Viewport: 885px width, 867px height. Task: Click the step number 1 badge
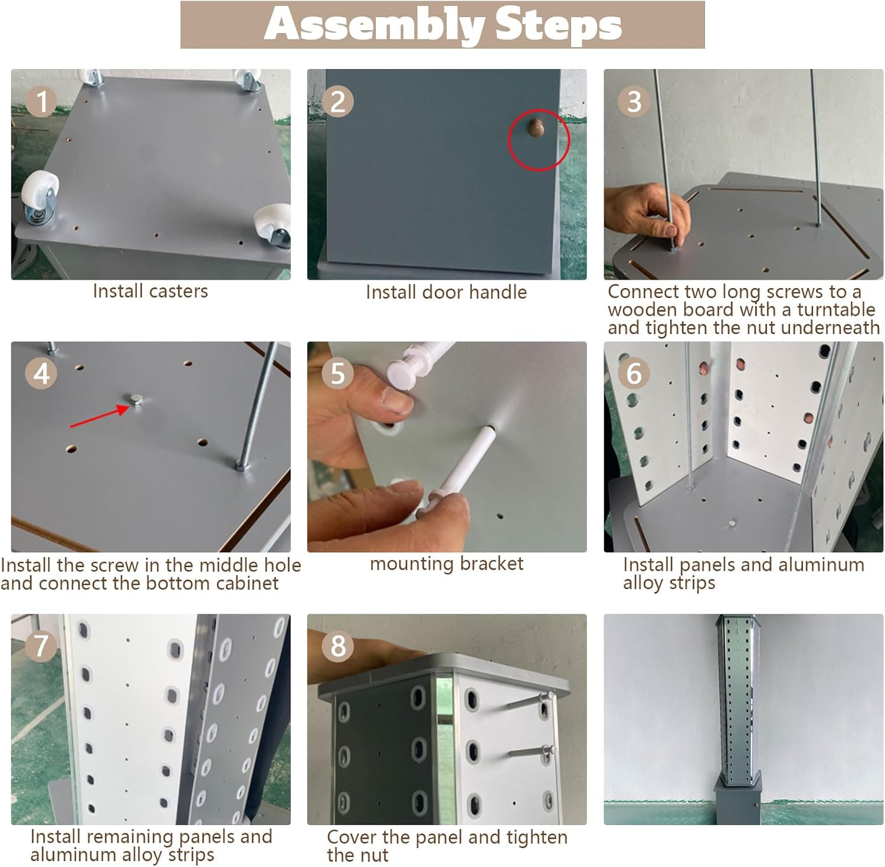tap(41, 102)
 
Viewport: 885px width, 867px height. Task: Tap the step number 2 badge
tap(337, 102)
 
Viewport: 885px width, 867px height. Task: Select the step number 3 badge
tap(634, 102)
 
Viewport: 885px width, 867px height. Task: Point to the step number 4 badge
tap(41, 374)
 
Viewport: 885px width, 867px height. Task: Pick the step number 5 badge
tap(337, 374)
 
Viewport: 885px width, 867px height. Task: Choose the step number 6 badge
tap(634, 374)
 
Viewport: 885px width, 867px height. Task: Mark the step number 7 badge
tap(41, 646)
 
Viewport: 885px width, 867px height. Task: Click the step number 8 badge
tap(337, 646)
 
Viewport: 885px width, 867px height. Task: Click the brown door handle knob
tap(536, 129)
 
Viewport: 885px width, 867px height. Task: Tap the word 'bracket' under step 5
tap(491, 564)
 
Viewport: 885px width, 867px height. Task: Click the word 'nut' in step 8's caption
tap(374, 855)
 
